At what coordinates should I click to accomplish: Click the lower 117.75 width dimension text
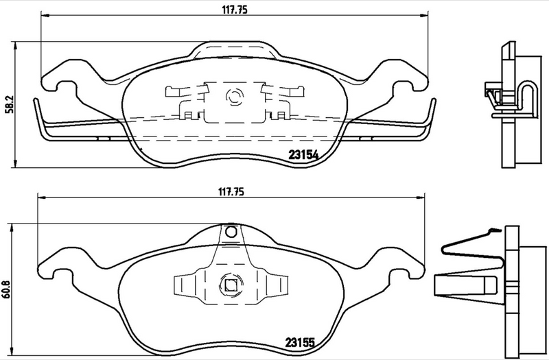click(232, 193)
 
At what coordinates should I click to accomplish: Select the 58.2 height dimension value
click(8, 104)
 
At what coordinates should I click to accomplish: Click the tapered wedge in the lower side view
click(467, 283)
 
